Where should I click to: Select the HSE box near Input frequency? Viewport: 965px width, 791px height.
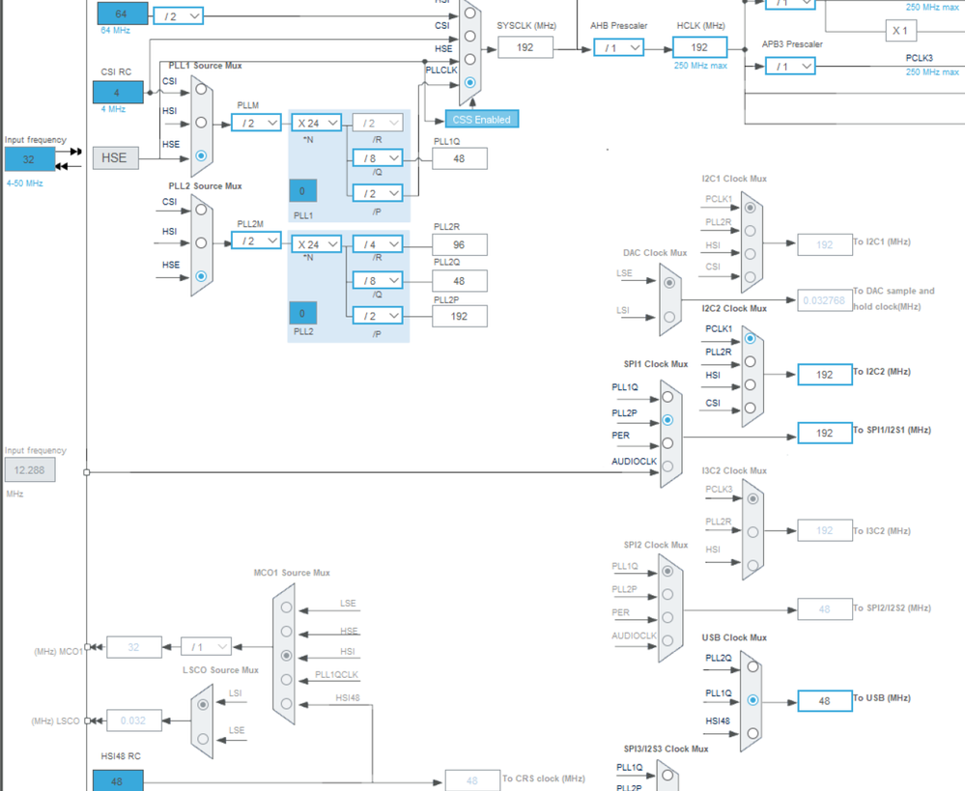(x=115, y=156)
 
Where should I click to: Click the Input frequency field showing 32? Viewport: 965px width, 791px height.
(x=29, y=159)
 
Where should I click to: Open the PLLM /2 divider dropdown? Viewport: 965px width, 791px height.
(x=256, y=123)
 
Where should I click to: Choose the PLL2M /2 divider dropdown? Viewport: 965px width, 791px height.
(x=256, y=240)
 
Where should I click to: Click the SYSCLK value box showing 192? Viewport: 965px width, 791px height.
(x=525, y=46)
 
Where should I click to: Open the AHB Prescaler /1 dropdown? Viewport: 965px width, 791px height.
(x=618, y=46)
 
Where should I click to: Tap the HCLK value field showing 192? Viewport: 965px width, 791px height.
(x=699, y=46)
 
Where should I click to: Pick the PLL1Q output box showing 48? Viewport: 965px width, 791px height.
(x=460, y=157)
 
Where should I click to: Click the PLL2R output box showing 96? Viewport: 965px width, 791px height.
(x=460, y=244)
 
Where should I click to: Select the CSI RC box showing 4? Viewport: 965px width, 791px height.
(x=118, y=93)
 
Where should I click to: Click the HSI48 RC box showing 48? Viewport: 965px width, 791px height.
(x=118, y=780)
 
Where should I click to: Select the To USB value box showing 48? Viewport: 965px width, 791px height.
(x=825, y=700)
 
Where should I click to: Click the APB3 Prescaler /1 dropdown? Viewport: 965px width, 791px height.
(x=790, y=66)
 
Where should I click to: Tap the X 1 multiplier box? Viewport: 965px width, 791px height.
(x=900, y=30)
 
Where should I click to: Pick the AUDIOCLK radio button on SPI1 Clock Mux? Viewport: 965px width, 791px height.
(x=667, y=466)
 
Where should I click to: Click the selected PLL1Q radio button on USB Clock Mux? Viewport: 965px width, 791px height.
(x=752, y=700)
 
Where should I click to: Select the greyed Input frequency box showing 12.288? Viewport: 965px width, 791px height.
(x=29, y=470)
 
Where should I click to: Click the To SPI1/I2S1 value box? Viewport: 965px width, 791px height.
(x=825, y=433)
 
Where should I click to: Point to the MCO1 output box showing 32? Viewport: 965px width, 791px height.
(x=134, y=647)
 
